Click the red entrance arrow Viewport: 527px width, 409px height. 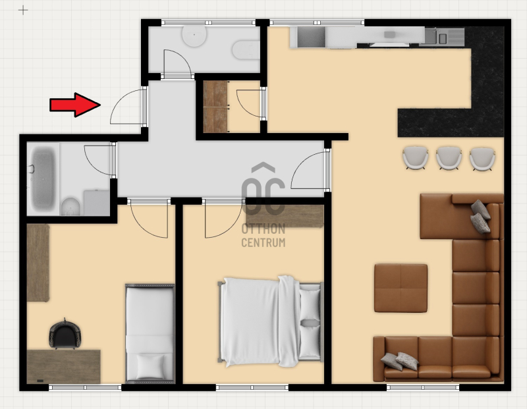(x=75, y=105)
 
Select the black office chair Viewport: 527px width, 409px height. (x=65, y=335)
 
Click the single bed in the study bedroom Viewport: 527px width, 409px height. (x=150, y=333)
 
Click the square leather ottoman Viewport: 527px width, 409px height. (x=401, y=288)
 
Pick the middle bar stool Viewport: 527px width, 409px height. (x=449, y=158)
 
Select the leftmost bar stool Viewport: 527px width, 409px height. (x=416, y=157)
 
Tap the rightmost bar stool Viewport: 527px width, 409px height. (x=482, y=159)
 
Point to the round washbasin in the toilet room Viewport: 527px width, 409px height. (x=194, y=36)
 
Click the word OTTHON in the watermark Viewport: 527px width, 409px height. (x=263, y=229)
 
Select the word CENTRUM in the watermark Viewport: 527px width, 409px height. (x=263, y=242)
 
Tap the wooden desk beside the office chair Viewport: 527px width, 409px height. (x=63, y=367)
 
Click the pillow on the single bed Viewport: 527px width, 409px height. (x=151, y=366)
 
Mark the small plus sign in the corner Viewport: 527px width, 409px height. (x=23, y=11)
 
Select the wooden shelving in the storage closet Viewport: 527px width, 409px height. (x=215, y=107)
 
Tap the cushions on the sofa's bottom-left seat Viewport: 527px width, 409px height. (x=400, y=362)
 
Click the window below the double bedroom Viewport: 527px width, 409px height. (x=252, y=387)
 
